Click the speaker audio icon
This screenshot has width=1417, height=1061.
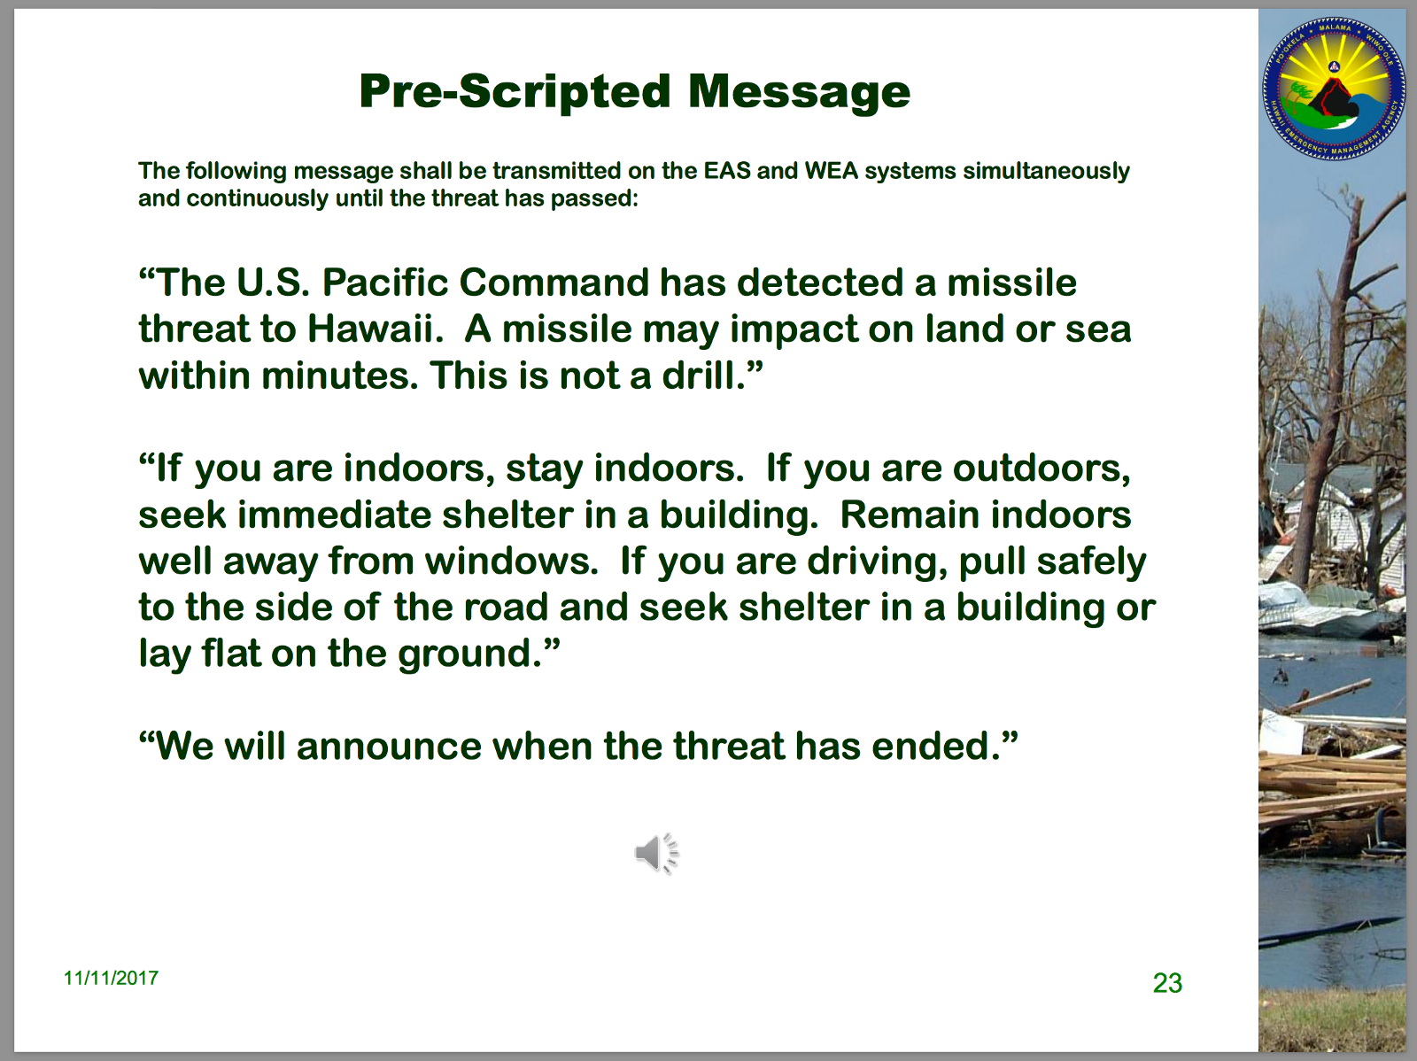[x=656, y=853]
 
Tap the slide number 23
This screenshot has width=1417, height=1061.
[x=1167, y=983]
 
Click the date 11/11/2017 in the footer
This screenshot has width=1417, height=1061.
[x=111, y=978]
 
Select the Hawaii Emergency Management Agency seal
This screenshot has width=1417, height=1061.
[x=1334, y=89]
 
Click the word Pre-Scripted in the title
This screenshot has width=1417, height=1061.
[x=515, y=91]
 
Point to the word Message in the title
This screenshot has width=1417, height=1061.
[x=799, y=92]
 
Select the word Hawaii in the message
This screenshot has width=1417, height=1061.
[x=376, y=329]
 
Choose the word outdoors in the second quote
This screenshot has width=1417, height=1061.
[x=1041, y=468]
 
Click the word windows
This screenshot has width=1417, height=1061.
[x=511, y=561]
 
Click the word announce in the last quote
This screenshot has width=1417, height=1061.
[x=390, y=747]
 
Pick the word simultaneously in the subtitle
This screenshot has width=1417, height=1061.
[x=1047, y=172]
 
